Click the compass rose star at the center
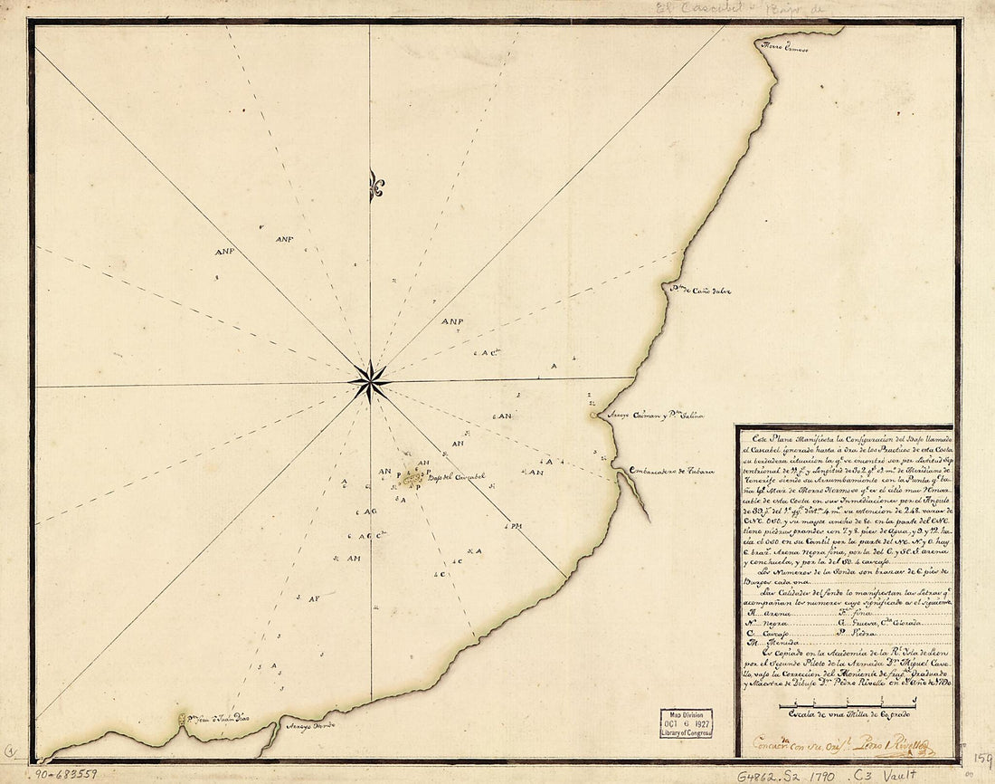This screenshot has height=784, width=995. click(x=369, y=381)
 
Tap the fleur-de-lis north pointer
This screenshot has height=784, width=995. click(x=375, y=186)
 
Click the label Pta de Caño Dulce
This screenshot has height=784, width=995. click(x=698, y=291)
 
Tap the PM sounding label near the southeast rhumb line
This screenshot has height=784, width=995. click(x=516, y=526)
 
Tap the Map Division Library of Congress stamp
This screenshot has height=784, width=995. click(x=685, y=723)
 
